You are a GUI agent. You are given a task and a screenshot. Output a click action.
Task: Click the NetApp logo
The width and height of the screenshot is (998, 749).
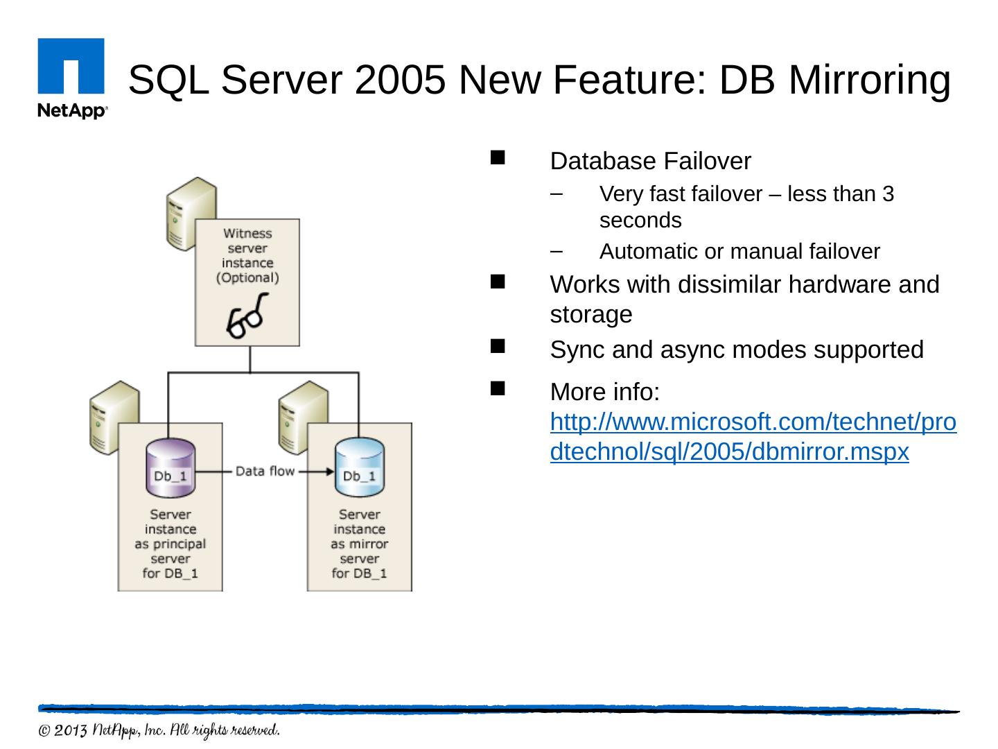tap(71, 78)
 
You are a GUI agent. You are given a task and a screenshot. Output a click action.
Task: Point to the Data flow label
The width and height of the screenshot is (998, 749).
tap(265, 472)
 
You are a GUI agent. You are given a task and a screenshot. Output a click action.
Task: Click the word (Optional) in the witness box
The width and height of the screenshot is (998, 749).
tap(247, 277)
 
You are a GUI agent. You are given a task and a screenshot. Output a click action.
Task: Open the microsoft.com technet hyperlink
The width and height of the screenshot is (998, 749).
tap(753, 437)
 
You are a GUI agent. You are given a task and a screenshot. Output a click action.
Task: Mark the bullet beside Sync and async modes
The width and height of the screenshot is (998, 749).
tap(498, 346)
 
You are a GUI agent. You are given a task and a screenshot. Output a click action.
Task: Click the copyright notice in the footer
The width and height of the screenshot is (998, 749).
tap(159, 731)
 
